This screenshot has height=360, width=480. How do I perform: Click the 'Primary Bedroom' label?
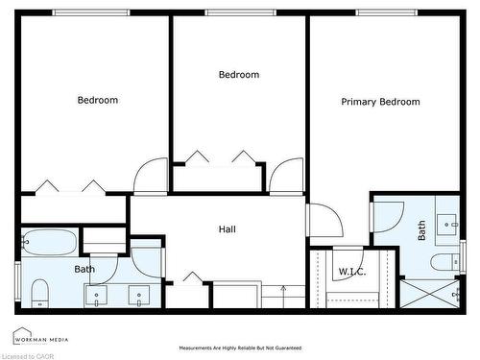(380, 102)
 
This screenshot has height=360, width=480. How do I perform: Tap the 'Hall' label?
(228, 229)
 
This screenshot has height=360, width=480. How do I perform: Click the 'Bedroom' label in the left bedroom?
(98, 100)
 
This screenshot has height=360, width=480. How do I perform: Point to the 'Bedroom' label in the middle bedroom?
(239, 75)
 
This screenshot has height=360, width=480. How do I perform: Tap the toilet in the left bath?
(39, 290)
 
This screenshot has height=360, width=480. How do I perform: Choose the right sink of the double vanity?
(140, 297)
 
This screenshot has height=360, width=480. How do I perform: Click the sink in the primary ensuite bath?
(447, 224)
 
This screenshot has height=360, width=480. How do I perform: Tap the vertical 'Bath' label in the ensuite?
(421, 230)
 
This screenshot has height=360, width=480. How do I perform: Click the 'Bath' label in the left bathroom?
(84, 270)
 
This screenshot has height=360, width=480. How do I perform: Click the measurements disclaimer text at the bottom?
(240, 348)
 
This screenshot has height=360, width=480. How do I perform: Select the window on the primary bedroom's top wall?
(387, 12)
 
